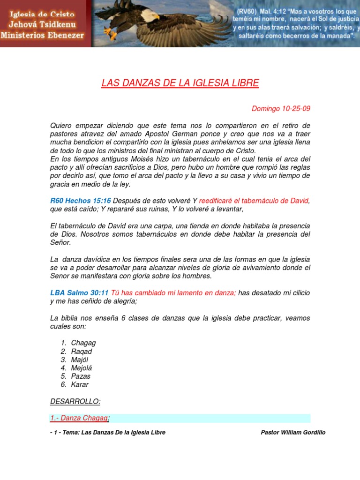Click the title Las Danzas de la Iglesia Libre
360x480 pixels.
coord(180,84)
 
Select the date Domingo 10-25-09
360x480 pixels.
coord(281,109)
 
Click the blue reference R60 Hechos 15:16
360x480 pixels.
coord(80,201)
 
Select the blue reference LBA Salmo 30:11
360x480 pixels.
coord(79,293)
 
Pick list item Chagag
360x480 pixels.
coord(83,343)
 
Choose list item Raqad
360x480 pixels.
coord(82,352)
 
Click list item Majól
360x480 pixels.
coord(80,360)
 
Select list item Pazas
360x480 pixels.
coord(81,376)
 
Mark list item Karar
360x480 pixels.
coord(80,385)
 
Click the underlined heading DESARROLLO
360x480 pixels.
coord(75,402)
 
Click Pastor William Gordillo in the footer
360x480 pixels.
coord(292,433)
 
